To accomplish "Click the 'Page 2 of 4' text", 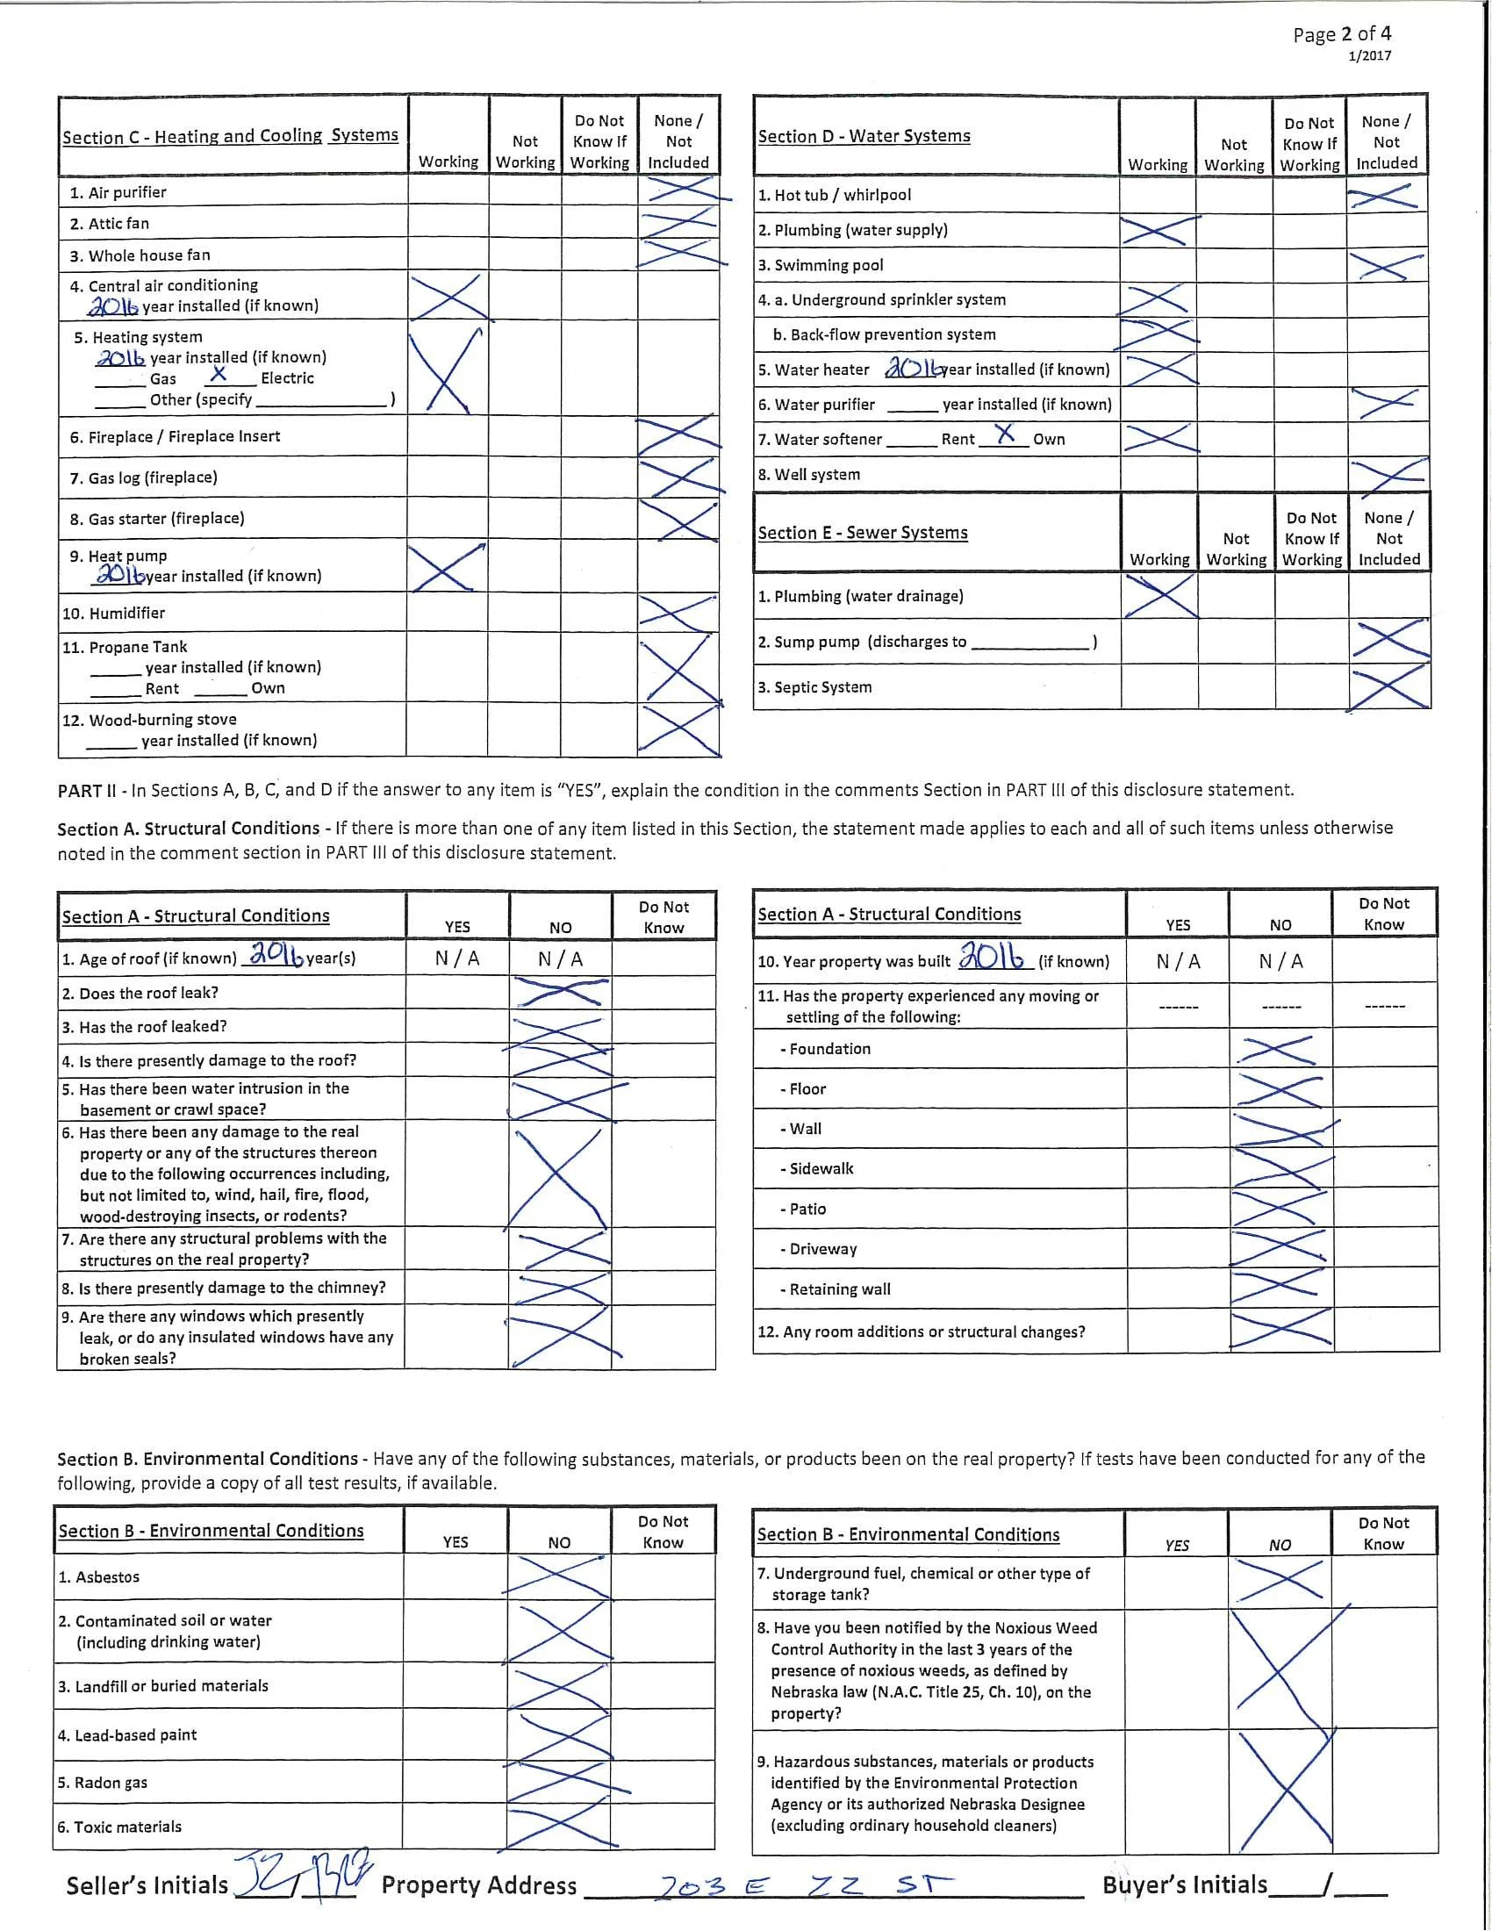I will click(1341, 34).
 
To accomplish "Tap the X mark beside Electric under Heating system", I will click(219, 374).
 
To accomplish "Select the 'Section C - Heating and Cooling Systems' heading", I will click(230, 136).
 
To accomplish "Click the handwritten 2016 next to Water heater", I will click(911, 368).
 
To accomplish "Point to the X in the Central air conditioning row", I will click(448, 296).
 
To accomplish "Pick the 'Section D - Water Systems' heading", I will click(864, 136).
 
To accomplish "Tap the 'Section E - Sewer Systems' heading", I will click(862, 533).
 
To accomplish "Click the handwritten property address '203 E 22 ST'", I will click(804, 1885).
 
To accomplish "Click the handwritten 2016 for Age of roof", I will click(276, 954).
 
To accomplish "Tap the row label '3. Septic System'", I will click(814, 687).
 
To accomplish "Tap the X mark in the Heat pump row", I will click(448, 568).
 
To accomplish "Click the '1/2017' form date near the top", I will click(1369, 56).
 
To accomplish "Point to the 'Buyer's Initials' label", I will click(1185, 1885).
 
